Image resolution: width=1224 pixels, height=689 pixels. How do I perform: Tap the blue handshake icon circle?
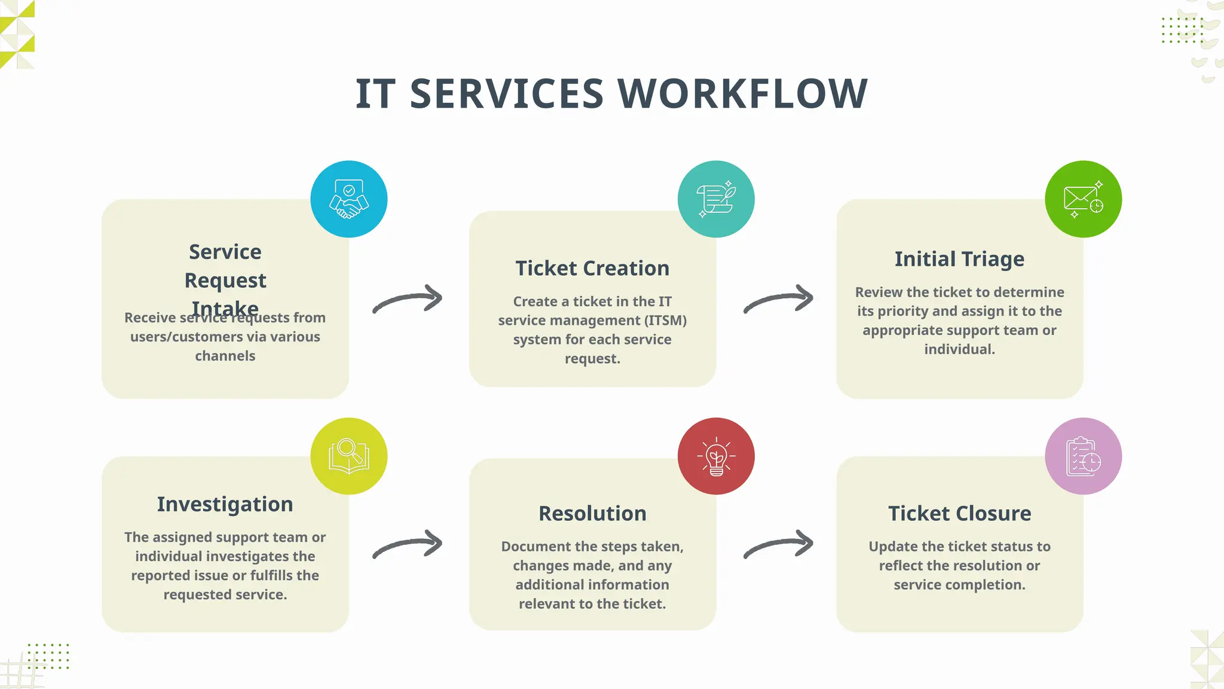(x=349, y=199)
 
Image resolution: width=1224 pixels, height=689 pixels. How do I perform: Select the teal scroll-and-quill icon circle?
(x=716, y=199)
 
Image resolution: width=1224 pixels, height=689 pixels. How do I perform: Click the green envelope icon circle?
(x=1083, y=199)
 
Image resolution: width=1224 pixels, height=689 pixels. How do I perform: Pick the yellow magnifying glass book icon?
(x=349, y=456)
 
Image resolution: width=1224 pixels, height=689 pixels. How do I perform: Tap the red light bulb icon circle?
(x=716, y=456)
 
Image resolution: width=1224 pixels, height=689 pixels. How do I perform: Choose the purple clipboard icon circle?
(x=1083, y=456)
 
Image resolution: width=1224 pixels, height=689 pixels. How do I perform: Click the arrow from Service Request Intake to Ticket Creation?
(x=408, y=298)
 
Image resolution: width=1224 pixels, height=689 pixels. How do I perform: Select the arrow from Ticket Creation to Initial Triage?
(x=779, y=298)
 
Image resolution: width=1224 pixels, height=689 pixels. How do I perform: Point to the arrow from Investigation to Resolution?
(x=408, y=544)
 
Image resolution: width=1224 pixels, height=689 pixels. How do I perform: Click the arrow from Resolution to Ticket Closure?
(x=779, y=544)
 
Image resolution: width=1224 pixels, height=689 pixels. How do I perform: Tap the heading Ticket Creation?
(x=592, y=269)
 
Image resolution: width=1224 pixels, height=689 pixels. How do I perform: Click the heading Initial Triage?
(x=959, y=259)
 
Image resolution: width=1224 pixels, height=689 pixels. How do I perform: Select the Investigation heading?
(x=225, y=504)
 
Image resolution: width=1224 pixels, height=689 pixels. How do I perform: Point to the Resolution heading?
(x=592, y=513)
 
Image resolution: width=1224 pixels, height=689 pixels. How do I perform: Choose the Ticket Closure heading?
(x=959, y=513)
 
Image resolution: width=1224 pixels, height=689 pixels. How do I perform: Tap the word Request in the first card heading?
(x=225, y=281)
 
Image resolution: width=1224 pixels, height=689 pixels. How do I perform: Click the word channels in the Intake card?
(x=225, y=356)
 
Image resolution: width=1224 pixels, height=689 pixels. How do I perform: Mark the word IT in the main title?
(x=375, y=94)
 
